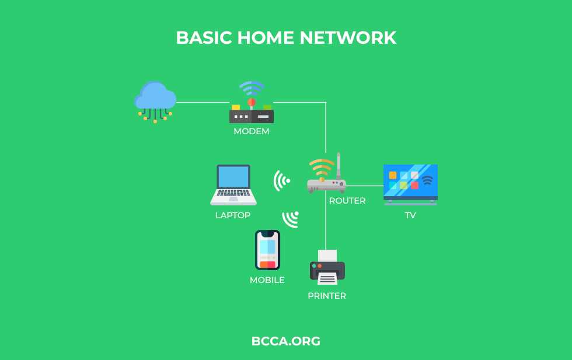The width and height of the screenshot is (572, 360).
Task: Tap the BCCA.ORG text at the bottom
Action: tap(286, 341)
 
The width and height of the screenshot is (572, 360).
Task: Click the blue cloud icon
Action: tap(155, 102)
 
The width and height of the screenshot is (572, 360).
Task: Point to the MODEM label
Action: tap(252, 131)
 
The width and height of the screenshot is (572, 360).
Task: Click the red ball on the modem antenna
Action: tap(252, 102)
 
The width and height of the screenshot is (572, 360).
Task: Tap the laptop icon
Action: tap(233, 185)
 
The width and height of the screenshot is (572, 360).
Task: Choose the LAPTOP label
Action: tap(233, 215)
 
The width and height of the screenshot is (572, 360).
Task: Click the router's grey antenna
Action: tap(339, 166)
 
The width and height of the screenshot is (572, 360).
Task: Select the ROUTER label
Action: tap(347, 201)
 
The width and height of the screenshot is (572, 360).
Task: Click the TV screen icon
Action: tap(410, 185)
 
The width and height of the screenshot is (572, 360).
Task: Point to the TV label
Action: tap(410, 215)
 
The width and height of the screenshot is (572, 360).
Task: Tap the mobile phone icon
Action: tap(267, 250)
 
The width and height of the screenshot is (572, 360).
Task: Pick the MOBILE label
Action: tap(267, 280)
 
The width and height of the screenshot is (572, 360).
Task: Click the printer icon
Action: tap(327, 267)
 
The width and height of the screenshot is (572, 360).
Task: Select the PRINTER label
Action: tap(327, 296)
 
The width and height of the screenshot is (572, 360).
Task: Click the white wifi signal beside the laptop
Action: tap(281, 180)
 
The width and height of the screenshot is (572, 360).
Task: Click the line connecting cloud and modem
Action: tap(203, 103)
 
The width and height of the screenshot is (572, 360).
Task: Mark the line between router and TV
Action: tap(364, 186)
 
